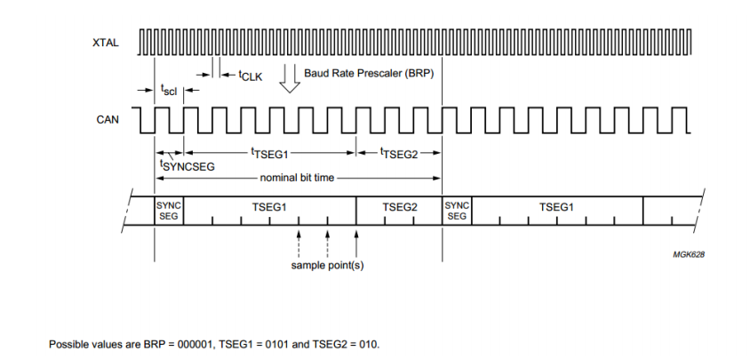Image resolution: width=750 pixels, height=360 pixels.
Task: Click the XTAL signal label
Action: (105, 43)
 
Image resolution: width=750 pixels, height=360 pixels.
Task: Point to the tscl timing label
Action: (168, 90)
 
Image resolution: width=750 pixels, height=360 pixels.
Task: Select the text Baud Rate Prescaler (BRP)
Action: (368, 73)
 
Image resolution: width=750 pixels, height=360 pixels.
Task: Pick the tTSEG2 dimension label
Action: (397, 153)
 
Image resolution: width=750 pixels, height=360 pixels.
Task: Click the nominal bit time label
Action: (297, 178)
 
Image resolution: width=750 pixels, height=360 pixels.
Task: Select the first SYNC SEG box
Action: (169, 211)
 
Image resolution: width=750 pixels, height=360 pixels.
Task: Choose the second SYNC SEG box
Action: (457, 211)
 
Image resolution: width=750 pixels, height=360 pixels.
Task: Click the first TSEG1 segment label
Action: (269, 206)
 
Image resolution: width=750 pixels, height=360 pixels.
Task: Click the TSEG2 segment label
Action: (400, 206)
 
